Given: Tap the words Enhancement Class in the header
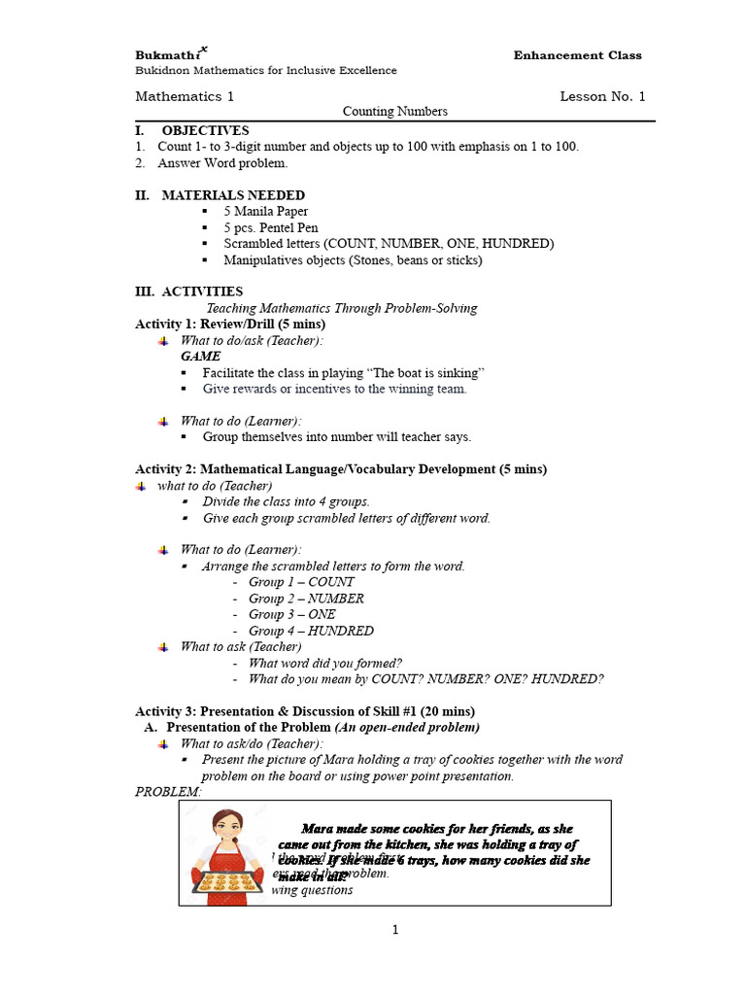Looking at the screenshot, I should coord(577,55).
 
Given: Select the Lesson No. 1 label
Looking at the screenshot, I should coord(602,96).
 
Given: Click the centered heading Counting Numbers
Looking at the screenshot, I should coord(394,112).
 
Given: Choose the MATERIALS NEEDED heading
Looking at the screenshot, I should coord(232,195).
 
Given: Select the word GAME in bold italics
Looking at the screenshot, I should coord(200,357).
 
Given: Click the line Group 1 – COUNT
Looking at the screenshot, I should coord(301,582).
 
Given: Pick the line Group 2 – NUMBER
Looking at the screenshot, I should coord(306,599).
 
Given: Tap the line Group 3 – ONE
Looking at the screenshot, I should coord(292,614).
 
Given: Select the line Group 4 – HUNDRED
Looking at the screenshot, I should coord(311,631).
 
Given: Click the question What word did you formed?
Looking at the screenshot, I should coord(325,663).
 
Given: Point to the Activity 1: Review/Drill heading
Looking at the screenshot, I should coord(230,324).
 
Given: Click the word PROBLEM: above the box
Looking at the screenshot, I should coord(168,792).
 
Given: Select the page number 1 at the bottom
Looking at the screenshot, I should coord(395,930).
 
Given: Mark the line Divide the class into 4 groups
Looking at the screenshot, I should coord(286,501).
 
